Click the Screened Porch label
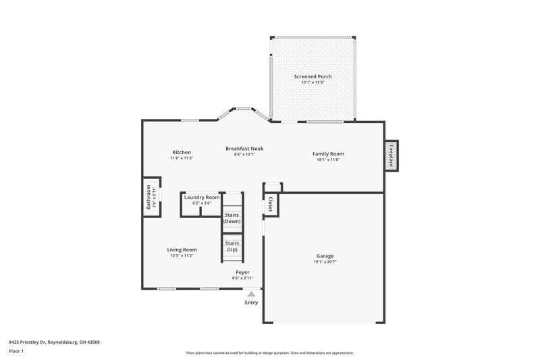pyautogui.click(x=313, y=76)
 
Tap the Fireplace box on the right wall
pyautogui.click(x=391, y=155)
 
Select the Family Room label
pyautogui.click(x=328, y=153)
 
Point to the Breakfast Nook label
pyautogui.click(x=244, y=148)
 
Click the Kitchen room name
pyautogui.click(x=181, y=153)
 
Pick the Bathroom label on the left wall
pyautogui.click(x=148, y=198)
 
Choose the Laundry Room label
pyautogui.click(x=202, y=197)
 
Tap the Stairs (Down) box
pyautogui.click(x=232, y=217)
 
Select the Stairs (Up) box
pyautogui.click(x=232, y=246)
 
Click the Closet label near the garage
pyautogui.click(x=270, y=205)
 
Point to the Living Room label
pyautogui.click(x=182, y=250)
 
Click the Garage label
pyautogui.click(x=325, y=256)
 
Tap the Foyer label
pyautogui.click(x=242, y=272)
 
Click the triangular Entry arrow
pyautogui.click(x=251, y=294)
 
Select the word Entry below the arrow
pyautogui.click(x=251, y=303)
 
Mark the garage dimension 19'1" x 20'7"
pyautogui.click(x=325, y=261)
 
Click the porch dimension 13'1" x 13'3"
pyautogui.click(x=313, y=82)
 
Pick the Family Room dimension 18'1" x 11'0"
pyautogui.click(x=328, y=159)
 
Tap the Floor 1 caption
pyautogui.click(x=17, y=352)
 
